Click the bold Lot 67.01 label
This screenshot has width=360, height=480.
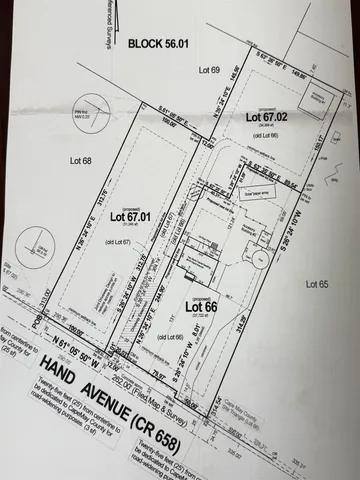[x=130, y=214]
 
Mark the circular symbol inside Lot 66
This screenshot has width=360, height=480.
[x=258, y=259]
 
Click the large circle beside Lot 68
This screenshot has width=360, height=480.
[x=38, y=243]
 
